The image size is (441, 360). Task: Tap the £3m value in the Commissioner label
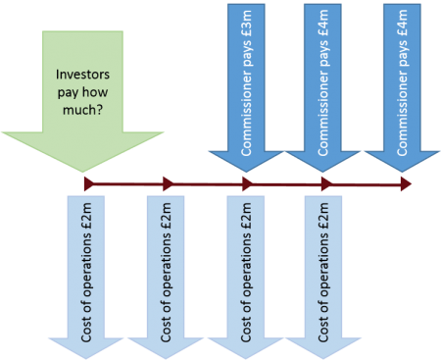[x=248, y=22]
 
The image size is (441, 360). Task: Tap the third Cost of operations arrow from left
[x=249, y=275]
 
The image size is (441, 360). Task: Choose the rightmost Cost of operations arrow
[x=326, y=275]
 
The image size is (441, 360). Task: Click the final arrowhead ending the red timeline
[x=405, y=183]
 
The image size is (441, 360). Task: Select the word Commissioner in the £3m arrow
[x=248, y=108]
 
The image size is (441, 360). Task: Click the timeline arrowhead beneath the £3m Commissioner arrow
[x=247, y=183]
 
